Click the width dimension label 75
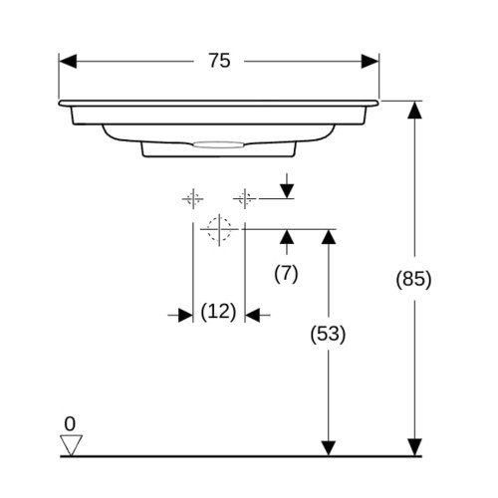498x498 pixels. [219, 61]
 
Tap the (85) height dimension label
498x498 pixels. [413, 279]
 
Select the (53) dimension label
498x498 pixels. [328, 334]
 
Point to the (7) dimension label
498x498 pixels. [286, 274]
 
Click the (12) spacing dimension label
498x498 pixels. [218, 312]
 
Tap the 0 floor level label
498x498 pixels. [70, 424]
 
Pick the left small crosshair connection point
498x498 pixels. [193, 199]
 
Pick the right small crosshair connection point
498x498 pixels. [245, 199]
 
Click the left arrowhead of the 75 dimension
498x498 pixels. [68, 61]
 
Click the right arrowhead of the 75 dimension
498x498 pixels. [370, 61]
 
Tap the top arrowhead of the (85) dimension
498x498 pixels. [414, 111]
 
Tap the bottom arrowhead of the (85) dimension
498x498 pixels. [414, 447]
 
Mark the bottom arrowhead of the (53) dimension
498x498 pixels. [329, 448]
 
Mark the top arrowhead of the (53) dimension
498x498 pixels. [329, 237]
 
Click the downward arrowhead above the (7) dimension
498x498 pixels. [287, 190]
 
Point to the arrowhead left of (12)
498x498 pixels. [185, 315]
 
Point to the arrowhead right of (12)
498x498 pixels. [252, 315]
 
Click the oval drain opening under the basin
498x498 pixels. [218, 144]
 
